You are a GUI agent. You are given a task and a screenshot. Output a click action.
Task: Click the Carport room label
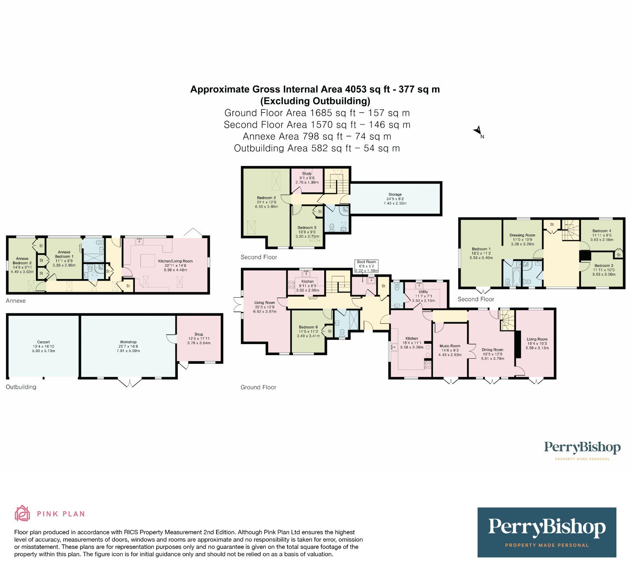(x=43, y=342)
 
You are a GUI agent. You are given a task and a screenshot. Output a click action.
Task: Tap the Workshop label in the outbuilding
(x=128, y=342)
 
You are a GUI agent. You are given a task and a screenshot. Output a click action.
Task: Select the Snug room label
(x=199, y=334)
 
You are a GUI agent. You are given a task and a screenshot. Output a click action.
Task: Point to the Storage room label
(x=395, y=194)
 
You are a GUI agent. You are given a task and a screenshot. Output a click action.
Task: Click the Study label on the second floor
(x=307, y=173)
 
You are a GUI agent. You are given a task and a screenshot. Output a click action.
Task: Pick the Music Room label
(x=450, y=346)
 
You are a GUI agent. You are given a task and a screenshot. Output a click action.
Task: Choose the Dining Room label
(x=493, y=350)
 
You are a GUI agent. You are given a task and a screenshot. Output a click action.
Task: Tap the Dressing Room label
(x=522, y=235)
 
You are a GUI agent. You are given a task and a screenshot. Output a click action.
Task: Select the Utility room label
(x=423, y=292)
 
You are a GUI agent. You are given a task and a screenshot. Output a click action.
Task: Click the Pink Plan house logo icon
(x=22, y=513)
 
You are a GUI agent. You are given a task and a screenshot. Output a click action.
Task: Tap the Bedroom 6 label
(x=308, y=327)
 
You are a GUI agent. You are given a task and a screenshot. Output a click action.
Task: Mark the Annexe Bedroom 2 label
(x=22, y=261)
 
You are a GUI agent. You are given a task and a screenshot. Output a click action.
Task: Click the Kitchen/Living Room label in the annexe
(x=175, y=261)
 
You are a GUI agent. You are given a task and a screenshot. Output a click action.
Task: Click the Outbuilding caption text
(x=21, y=387)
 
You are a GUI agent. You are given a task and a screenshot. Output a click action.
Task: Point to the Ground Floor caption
(x=258, y=388)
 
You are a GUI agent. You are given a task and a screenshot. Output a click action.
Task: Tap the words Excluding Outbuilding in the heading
(x=315, y=101)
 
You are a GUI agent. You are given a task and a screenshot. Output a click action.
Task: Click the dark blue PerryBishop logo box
(x=547, y=532)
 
